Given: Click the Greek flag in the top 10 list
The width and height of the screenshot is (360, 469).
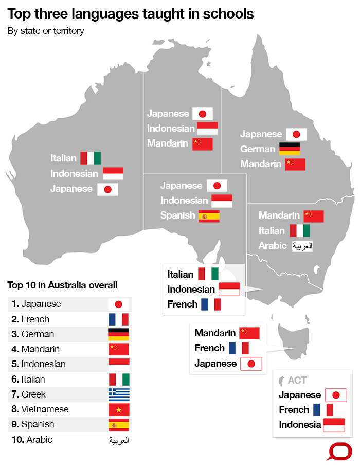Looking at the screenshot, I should coord(119,394).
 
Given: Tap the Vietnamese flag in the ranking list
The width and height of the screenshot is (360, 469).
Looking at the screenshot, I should coord(119,409).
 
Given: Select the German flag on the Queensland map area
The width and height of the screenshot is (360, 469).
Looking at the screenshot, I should coord(289,149).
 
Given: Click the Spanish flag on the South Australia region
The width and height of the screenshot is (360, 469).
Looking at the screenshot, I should coord(209,215).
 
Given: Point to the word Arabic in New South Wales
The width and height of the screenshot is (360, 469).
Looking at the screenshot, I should coord(273,246).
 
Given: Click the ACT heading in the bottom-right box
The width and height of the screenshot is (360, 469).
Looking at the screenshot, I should coord(297,381).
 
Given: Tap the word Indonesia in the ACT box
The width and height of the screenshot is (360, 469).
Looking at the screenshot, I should coord(300,425).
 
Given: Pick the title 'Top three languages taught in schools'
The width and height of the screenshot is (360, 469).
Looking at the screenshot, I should coord(131,14).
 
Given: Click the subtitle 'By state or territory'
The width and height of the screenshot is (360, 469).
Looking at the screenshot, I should coord(46,31).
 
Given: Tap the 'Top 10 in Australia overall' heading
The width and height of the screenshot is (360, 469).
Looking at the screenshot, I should coord(62,285).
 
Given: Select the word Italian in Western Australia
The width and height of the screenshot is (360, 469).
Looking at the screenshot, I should coord(63,158).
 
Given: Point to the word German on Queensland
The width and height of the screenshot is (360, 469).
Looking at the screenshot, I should coord(258,149).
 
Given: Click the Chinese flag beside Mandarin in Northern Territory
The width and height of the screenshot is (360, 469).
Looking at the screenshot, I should coord(202,144).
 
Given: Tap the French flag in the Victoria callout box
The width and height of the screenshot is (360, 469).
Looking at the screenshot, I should coord(211,304).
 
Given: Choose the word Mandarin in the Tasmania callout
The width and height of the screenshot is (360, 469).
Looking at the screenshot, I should coord(215,333).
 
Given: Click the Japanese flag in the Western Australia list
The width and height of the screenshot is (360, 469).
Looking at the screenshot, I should coord(107,189).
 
